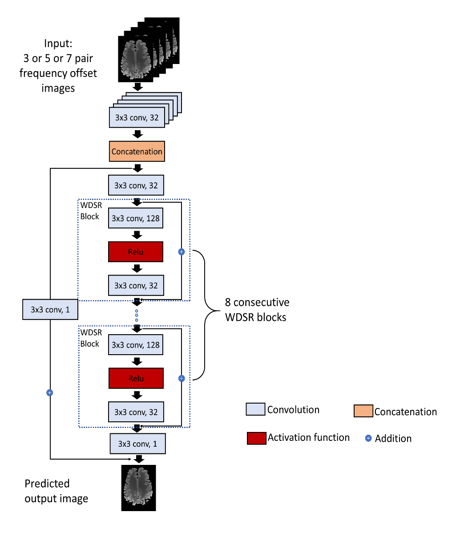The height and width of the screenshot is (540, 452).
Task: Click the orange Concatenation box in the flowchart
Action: point(137,152)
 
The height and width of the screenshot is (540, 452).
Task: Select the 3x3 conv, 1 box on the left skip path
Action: point(50,310)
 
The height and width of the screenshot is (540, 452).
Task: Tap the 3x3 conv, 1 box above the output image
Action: point(138,444)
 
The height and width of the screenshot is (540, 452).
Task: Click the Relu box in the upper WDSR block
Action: point(136,252)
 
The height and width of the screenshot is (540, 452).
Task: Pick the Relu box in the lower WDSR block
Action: point(136,379)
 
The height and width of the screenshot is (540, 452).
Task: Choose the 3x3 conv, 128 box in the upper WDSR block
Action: point(136,219)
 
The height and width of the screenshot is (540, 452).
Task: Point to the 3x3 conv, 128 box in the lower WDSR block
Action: point(136,345)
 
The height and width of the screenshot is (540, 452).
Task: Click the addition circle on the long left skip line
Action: point(50,393)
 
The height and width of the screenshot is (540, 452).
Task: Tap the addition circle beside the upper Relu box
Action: point(181,252)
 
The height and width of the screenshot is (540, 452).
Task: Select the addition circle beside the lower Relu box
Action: point(182,379)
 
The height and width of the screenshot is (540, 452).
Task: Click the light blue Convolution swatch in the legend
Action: point(256,409)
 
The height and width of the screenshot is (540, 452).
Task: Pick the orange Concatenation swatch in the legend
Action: point(363,411)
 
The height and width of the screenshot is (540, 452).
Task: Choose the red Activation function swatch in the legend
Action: point(257,438)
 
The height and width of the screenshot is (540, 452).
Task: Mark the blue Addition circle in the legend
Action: point(368,439)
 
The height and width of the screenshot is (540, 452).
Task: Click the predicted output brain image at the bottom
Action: point(139,488)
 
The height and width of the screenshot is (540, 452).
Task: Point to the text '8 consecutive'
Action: point(257,302)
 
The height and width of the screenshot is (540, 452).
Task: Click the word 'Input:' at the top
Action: point(58,44)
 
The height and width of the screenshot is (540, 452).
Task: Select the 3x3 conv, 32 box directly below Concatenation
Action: point(136,185)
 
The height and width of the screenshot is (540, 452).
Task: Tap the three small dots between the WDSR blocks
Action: point(137,316)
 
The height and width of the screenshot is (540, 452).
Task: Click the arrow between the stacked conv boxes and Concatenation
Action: point(138,134)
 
